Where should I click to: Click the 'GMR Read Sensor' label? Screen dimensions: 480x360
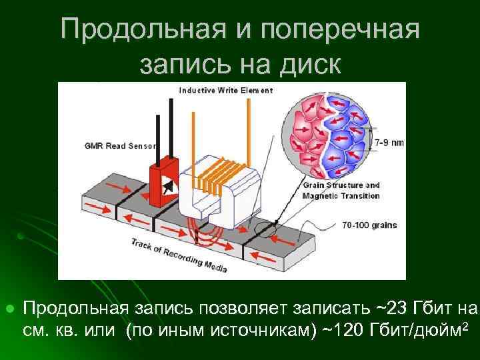click(x=119, y=146)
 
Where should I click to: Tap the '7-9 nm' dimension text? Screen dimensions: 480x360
click(x=389, y=143)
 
